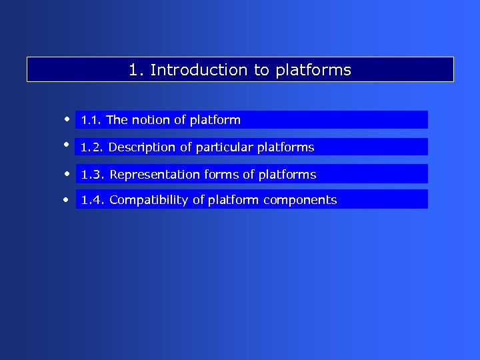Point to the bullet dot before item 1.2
pyautogui.click(x=67, y=143)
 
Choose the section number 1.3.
pyautogui.click(x=93, y=175)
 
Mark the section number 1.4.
pyautogui.click(x=93, y=200)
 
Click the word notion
pyautogui.click(x=151, y=120)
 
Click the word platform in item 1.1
pyautogui.click(x=215, y=120)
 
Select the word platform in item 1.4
pyautogui.click(x=233, y=200)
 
